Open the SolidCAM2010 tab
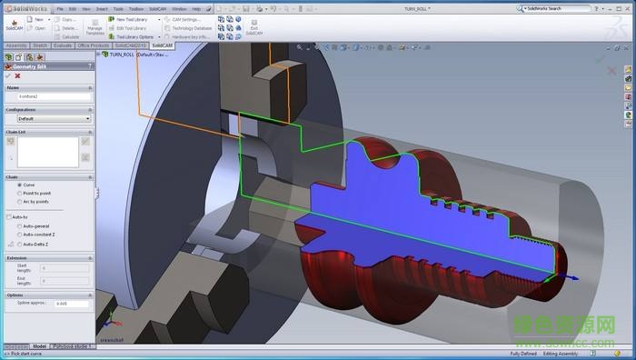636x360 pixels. click(x=130, y=45)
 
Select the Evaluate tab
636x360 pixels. click(x=63, y=45)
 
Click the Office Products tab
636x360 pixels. click(x=94, y=45)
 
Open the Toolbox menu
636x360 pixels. click(x=135, y=8)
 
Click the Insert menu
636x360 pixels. click(x=102, y=8)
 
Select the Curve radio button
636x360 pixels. click(x=19, y=185)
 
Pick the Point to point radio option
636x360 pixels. click(x=19, y=193)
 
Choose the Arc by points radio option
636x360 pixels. click(x=19, y=201)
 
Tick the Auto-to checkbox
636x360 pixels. click(x=9, y=217)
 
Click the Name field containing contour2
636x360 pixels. click(x=54, y=95)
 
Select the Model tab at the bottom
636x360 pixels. click(x=39, y=346)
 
